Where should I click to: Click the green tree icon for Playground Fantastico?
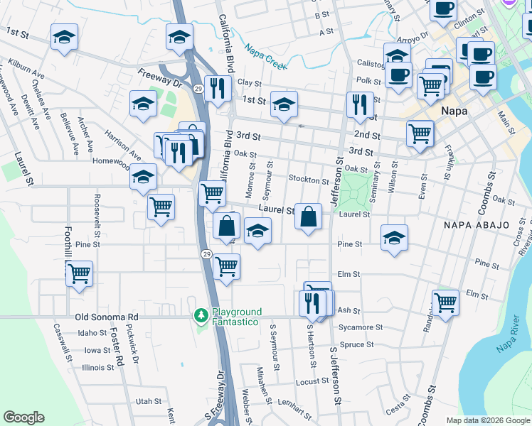coord(202,315)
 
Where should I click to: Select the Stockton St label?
coord(308,179)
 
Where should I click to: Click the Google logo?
coord(23,417)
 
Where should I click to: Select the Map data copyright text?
coord(487,420)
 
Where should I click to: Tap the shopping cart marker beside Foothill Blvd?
coord(79,273)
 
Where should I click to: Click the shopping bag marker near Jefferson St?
coord(309,216)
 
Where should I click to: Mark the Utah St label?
coord(149,401)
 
